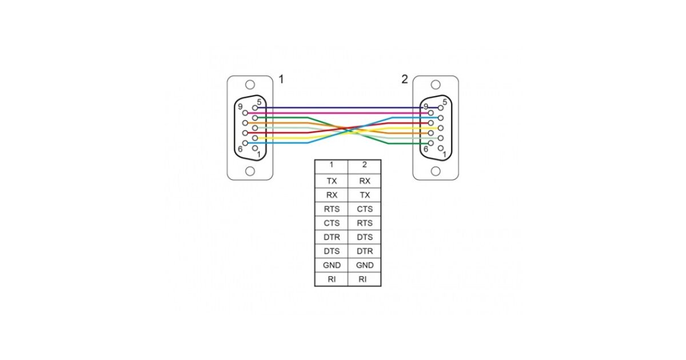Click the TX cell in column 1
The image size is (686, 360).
click(331, 181)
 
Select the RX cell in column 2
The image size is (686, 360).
click(365, 181)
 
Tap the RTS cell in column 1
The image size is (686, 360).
click(331, 209)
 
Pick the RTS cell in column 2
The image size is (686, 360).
click(365, 223)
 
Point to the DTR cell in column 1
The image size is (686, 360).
click(331, 237)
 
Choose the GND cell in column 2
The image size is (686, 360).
click(365, 265)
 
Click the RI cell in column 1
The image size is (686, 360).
click(331, 279)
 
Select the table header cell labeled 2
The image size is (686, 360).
click(365, 165)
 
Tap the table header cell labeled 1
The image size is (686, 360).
click(331, 165)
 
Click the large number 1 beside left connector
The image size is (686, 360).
click(281, 80)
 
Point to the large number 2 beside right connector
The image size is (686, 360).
click(404, 80)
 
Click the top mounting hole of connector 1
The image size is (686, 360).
click(250, 85)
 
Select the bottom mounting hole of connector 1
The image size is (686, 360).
click(250, 171)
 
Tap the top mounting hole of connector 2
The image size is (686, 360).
click(436, 85)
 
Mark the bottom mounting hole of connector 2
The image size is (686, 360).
click(436, 171)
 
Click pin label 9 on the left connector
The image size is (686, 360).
click(240, 107)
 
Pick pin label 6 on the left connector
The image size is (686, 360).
click(240, 149)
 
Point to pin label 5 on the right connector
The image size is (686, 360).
click(445, 102)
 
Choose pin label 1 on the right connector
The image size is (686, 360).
click(445, 154)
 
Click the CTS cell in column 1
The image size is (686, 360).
click(331, 223)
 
